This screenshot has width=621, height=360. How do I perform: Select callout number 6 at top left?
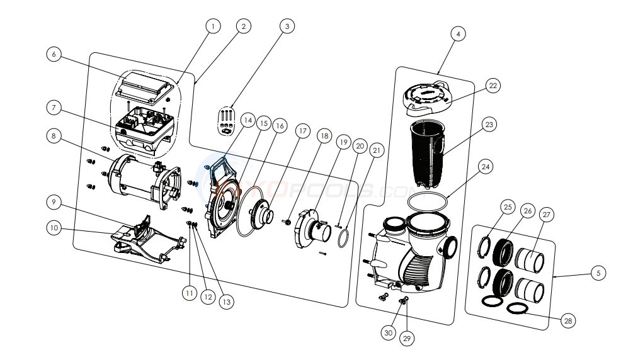pyautogui.click(x=55, y=54)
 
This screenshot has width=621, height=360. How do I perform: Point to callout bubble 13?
pyautogui.click(x=225, y=301)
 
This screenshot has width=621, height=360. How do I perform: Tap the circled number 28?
pyautogui.click(x=569, y=322)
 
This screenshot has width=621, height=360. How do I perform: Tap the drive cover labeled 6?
pyautogui.click(x=147, y=86)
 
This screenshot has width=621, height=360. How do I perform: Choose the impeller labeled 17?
pyautogui.click(x=260, y=217)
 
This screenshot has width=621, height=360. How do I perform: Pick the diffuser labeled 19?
pyautogui.click(x=313, y=228)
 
